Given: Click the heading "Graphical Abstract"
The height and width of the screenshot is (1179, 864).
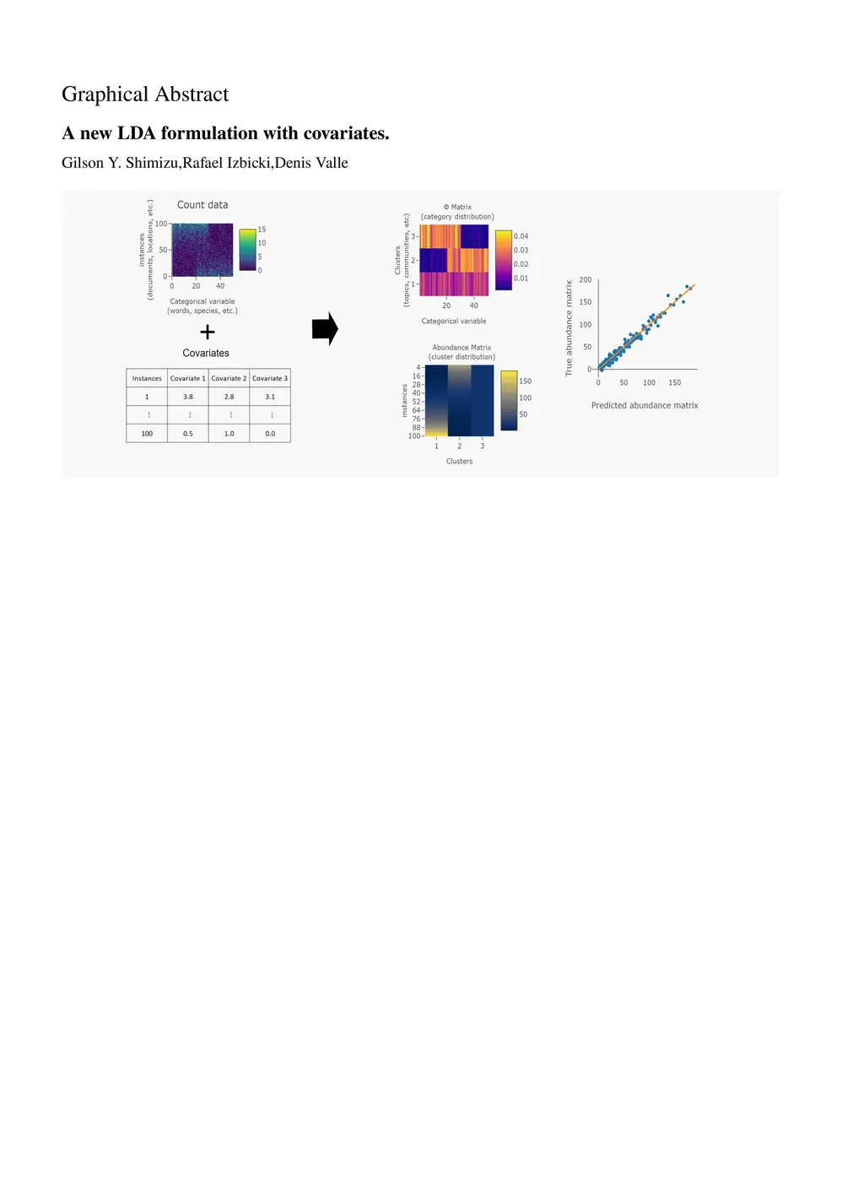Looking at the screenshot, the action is click(x=144, y=95).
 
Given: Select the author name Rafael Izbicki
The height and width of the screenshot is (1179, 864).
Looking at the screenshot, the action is click(x=226, y=163).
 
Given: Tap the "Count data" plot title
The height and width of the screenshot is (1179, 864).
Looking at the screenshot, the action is click(x=202, y=205).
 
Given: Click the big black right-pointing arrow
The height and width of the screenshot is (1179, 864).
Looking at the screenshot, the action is click(x=325, y=328).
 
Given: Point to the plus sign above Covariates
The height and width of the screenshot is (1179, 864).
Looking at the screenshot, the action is click(x=208, y=333).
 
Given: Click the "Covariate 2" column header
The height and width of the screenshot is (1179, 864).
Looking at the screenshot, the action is click(x=229, y=378).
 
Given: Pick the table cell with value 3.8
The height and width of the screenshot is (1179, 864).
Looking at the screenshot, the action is click(x=188, y=397).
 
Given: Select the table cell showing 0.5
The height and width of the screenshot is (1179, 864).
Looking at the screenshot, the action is click(x=188, y=434).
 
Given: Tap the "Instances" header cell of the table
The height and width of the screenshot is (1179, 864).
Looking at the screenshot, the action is click(x=147, y=378).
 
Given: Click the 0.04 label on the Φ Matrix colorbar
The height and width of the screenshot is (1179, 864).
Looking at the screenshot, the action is click(x=521, y=236).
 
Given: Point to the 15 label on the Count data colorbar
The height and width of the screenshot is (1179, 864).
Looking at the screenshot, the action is click(x=262, y=230).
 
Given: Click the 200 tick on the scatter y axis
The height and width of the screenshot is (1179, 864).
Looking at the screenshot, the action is click(x=585, y=279).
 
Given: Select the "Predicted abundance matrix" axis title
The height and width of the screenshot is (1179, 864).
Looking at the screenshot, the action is click(x=645, y=405).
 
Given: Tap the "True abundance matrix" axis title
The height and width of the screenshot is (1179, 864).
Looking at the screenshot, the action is click(x=569, y=328).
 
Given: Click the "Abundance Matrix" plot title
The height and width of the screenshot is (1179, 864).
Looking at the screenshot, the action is click(x=462, y=348).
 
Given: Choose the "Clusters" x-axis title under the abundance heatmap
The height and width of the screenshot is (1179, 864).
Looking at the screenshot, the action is click(x=459, y=461).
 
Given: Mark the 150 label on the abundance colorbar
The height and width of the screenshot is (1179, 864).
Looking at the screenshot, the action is click(x=525, y=381).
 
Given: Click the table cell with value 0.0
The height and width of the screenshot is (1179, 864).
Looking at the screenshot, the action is click(x=270, y=434).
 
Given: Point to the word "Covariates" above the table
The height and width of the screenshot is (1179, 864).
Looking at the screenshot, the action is click(x=206, y=353).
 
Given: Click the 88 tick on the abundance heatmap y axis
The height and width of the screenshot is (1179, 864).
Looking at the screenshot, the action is click(x=416, y=427).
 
